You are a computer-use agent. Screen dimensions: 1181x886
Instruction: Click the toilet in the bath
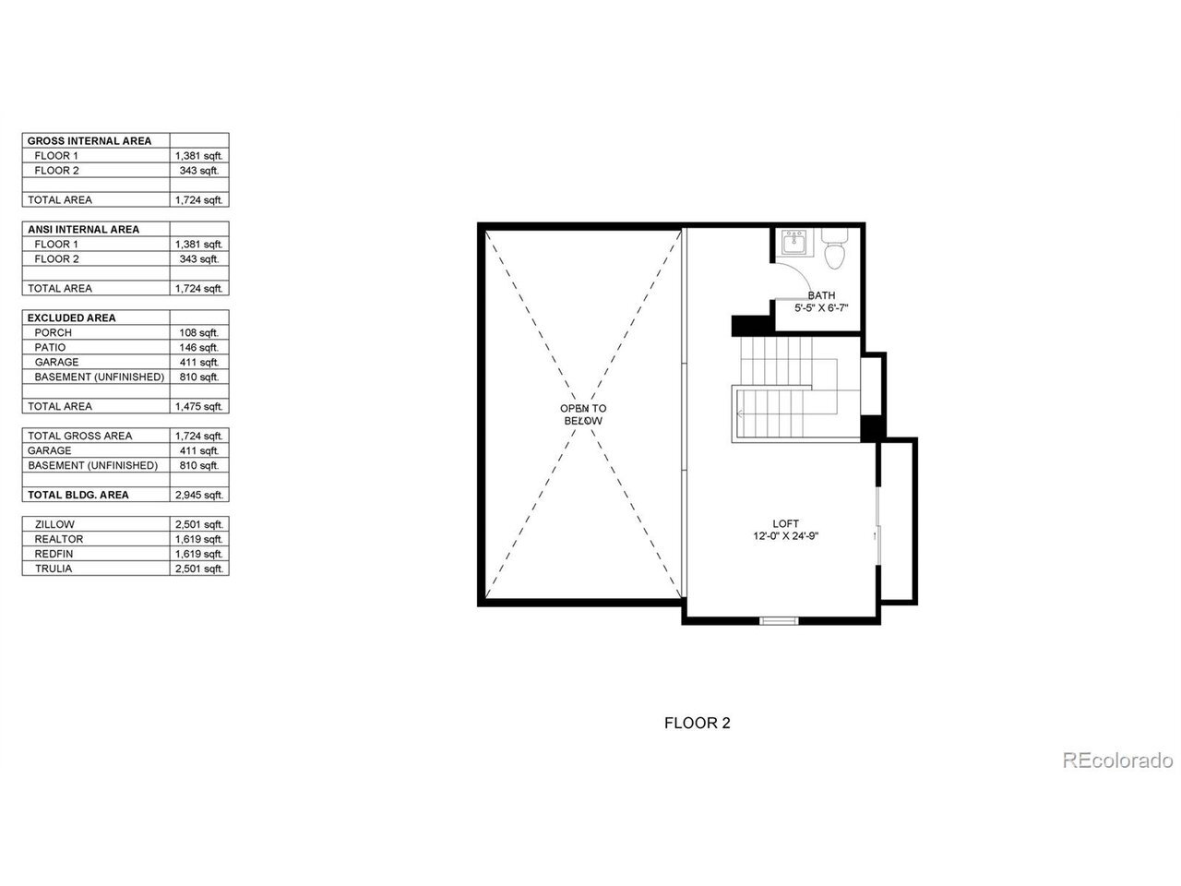pos(834,247)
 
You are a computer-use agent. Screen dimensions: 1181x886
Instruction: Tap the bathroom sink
pos(793,243)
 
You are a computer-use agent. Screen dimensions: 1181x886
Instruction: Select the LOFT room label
pos(785,523)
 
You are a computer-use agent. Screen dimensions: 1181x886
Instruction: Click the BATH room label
pos(821,295)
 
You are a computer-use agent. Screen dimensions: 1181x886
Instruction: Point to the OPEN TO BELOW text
pos(583,414)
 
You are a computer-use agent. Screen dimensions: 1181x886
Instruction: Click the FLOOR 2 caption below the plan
pos(698,723)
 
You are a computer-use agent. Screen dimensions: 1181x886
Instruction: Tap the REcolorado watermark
pos(1117,760)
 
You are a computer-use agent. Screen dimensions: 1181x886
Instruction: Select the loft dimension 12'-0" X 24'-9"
pos(785,536)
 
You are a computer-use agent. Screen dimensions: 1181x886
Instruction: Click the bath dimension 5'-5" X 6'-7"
pos(821,307)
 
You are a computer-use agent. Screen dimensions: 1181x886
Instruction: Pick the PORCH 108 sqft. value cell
pos(199,332)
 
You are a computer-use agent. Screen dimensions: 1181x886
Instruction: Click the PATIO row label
pos(50,348)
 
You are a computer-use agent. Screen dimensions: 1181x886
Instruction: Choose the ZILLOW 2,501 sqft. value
pos(198,524)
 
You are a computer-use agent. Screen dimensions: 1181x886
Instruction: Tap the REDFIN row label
pos(54,554)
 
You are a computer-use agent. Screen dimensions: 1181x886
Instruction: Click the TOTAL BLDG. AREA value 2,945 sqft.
pos(198,495)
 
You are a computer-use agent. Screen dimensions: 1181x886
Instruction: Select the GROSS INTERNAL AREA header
pos(89,141)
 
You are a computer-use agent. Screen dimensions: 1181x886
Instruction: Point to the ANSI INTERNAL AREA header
pos(83,230)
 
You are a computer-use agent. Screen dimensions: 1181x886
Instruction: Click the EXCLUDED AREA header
pos(72,317)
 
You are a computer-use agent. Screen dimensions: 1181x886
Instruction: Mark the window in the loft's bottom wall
pos(779,621)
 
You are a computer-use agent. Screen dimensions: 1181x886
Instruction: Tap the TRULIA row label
pos(54,569)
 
